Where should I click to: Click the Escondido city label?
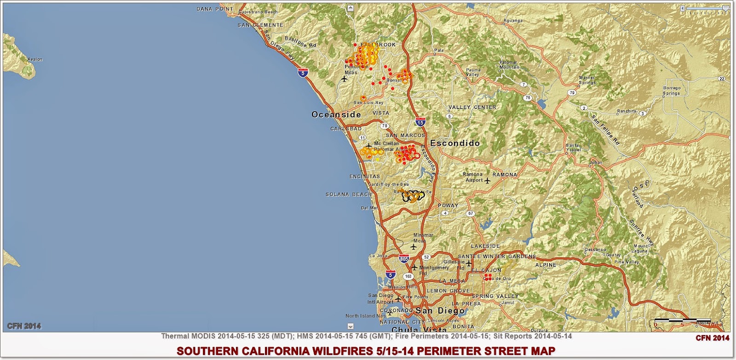(455, 143)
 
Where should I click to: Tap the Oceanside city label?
(336, 114)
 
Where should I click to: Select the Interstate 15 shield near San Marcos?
(420, 122)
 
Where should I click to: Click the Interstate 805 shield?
(404, 259)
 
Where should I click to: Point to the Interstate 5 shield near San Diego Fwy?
(302, 73)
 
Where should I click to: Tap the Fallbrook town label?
(378, 45)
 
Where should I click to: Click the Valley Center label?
(472, 107)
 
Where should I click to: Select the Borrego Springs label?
(672, 91)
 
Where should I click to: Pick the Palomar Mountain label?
(509, 65)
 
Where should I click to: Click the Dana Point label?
(215, 9)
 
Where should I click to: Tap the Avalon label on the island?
(35, 59)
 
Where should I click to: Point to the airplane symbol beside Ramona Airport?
(487, 180)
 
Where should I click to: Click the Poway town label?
(448, 206)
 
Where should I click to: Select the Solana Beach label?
(348, 194)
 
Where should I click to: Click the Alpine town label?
(546, 265)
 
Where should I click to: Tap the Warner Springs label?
(587, 80)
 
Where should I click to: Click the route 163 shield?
(408, 276)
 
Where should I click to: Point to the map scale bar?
(676, 320)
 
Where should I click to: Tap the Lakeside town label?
(485, 246)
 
